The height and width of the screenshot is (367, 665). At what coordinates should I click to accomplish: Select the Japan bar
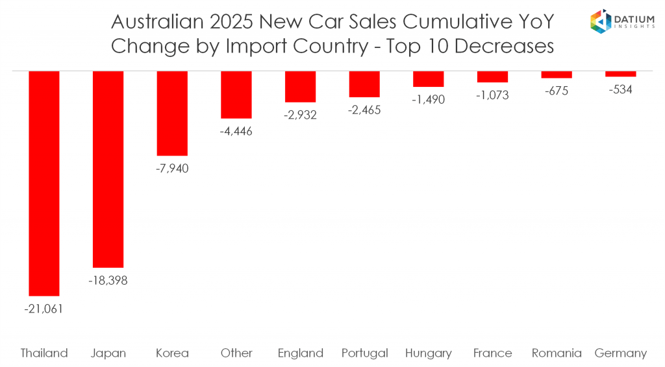click(108, 169)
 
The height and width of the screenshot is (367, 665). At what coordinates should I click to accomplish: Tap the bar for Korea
click(172, 113)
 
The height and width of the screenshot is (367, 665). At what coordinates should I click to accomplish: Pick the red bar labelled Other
click(236, 95)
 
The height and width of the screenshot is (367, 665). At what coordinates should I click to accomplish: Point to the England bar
click(300, 87)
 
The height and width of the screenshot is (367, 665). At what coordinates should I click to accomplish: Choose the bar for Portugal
click(364, 84)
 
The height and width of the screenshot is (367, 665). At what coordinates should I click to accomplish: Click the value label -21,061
click(44, 309)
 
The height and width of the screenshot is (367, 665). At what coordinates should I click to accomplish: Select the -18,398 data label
click(108, 281)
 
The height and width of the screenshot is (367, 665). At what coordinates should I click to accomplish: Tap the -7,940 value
click(172, 169)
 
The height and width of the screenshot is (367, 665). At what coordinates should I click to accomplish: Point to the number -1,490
click(428, 100)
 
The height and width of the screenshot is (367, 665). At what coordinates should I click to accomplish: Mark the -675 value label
click(556, 91)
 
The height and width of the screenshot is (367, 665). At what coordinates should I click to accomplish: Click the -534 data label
click(620, 89)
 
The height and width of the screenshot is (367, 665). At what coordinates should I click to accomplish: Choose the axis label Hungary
click(428, 353)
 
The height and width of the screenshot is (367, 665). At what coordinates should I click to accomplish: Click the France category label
click(492, 353)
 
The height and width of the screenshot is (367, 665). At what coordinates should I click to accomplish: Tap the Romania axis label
click(557, 353)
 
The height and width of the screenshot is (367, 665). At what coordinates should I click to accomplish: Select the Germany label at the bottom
click(621, 353)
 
